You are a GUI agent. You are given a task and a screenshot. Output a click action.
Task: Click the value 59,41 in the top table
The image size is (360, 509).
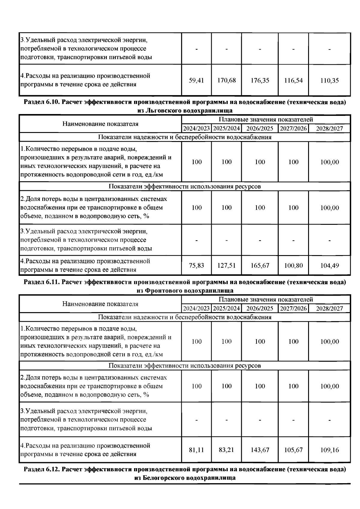click(196, 80)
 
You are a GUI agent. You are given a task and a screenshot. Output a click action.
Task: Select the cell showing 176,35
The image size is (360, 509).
click(260, 80)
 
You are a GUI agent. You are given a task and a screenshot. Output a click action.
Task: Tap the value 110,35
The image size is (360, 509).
click(329, 80)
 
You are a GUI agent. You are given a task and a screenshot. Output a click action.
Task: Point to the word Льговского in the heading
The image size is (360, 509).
click(163, 110)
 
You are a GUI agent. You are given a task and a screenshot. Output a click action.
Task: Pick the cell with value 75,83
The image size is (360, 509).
click(196, 266)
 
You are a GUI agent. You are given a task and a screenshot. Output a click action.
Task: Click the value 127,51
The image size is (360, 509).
click(226, 266)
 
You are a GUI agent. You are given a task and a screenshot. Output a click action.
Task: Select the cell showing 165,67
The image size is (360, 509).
click(260, 266)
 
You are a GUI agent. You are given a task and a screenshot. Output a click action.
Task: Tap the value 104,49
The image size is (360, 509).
click(329, 266)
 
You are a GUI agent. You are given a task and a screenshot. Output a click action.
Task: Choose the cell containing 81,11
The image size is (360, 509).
click(196, 450)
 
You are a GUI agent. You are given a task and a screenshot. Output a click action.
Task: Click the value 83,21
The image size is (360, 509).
click(226, 450)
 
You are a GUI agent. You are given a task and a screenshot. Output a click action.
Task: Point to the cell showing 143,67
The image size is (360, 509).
click(260, 450)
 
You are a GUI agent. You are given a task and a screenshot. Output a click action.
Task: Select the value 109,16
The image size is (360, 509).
click(329, 450)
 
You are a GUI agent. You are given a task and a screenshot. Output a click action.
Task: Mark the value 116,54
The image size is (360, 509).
click(293, 80)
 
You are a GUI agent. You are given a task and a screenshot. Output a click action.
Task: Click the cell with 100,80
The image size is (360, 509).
click(293, 266)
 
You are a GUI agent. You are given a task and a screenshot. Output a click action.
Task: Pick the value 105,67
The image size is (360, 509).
click(293, 450)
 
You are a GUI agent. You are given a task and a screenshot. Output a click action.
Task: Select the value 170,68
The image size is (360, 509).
click(226, 80)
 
